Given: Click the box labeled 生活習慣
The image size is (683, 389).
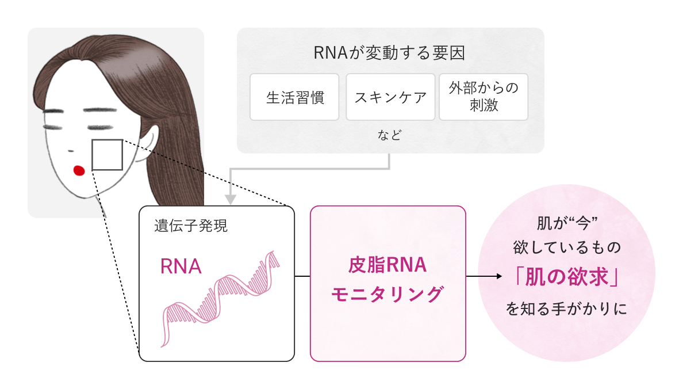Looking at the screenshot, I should pos(294,97).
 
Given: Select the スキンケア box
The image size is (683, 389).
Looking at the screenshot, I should pos(390,97).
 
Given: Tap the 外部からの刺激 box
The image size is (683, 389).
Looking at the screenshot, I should pos(483,97).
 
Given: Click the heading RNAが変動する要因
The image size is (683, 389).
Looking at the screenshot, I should pos(390,54).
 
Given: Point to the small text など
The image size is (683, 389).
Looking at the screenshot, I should pos(390,136).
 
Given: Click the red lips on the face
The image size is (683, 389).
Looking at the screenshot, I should pos(79,170).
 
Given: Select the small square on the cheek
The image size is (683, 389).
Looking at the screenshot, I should pos(107,155).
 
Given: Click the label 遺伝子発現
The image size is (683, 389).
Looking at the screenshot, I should pos(191,226).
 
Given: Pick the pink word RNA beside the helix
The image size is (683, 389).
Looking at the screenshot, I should pos(181,266).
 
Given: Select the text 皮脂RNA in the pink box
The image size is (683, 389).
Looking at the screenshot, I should pos(387,265).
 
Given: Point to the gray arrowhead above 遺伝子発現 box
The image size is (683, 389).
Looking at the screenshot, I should pos(231,199).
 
